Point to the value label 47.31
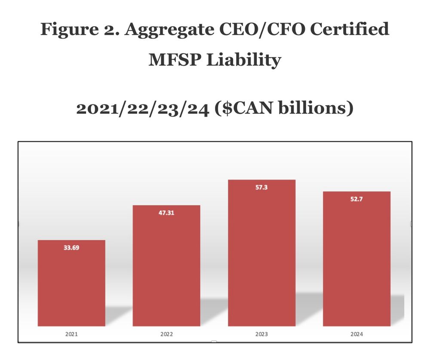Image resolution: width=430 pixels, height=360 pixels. click(x=166, y=212)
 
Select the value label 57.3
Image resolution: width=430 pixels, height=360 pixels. click(x=261, y=187)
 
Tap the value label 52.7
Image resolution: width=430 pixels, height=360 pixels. click(x=356, y=198)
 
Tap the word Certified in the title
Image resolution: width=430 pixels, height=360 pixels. click(x=345, y=30)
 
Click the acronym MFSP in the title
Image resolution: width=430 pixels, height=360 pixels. click(x=175, y=60)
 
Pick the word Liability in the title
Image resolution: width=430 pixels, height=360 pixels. click(x=243, y=60)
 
